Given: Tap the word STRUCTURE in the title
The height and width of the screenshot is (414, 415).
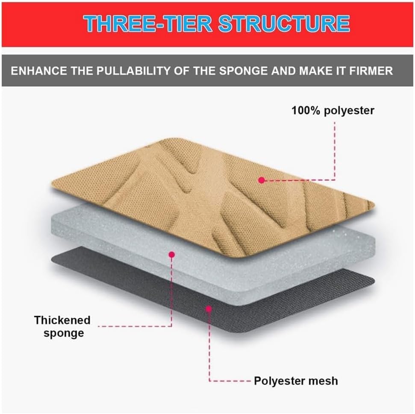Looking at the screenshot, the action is [x=284, y=24].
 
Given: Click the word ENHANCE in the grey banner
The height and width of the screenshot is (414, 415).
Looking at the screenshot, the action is [x=39, y=71].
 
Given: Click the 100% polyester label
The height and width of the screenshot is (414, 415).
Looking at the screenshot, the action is [x=333, y=111].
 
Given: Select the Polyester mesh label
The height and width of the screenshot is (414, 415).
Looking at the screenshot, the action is [x=296, y=381].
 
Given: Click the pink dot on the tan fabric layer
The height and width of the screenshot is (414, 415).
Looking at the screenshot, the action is [x=262, y=180].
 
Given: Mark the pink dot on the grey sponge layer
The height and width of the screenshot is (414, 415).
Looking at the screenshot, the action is [x=172, y=255].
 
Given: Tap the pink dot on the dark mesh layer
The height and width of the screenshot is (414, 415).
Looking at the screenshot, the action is [x=209, y=309].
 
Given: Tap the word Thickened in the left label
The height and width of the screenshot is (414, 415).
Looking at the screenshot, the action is [x=62, y=320].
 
